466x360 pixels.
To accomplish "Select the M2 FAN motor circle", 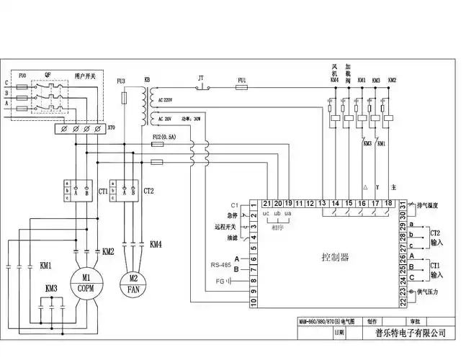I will (x=134, y=282).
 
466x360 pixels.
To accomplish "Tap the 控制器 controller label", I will (x=334, y=257).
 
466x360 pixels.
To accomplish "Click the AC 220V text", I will (x=168, y=99).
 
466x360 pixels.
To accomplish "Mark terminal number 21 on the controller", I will (x=267, y=204).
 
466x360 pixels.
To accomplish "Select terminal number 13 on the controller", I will (x=322, y=204).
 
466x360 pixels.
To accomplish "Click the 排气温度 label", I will (x=429, y=206).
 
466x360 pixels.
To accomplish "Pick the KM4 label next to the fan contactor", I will (x=155, y=245).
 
